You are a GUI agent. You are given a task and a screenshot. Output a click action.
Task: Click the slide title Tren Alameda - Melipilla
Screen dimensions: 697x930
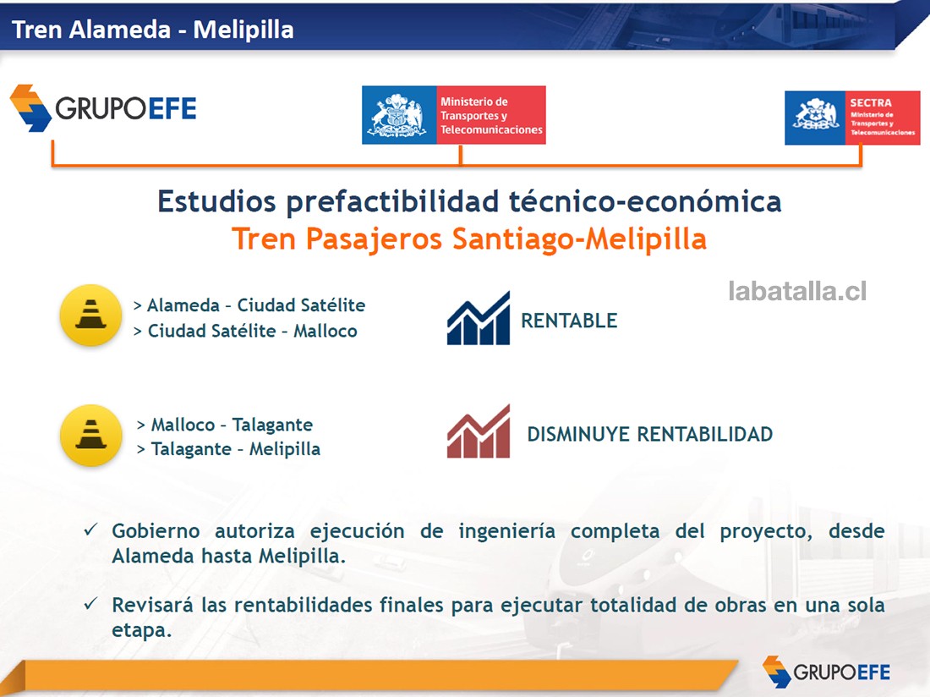(x=153, y=30)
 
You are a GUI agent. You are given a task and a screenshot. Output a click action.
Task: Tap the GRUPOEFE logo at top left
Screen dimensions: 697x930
(x=103, y=108)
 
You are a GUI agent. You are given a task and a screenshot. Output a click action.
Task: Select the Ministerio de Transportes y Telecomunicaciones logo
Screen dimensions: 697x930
(x=453, y=115)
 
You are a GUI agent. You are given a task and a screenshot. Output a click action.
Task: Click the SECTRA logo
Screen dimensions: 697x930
(x=851, y=118)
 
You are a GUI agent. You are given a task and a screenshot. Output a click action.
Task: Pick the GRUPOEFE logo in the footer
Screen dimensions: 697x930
(x=826, y=672)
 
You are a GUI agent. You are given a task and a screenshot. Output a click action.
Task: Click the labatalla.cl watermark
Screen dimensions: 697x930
(x=796, y=292)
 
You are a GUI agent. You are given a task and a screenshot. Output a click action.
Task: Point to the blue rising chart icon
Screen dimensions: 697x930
(x=479, y=318)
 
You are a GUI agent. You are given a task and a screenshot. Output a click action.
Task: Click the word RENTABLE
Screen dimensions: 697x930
(x=569, y=321)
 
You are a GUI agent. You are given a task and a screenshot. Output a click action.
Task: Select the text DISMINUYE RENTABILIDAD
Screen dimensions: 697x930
(x=649, y=435)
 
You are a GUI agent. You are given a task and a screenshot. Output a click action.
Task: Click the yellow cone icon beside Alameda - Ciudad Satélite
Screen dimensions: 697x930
(x=90, y=316)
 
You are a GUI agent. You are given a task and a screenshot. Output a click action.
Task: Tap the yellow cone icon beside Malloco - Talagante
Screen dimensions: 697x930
(x=90, y=435)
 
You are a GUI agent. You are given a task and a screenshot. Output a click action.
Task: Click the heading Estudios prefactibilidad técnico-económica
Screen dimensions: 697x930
(x=469, y=202)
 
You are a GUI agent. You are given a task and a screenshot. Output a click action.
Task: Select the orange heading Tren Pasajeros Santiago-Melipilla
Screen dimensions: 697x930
(x=469, y=239)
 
